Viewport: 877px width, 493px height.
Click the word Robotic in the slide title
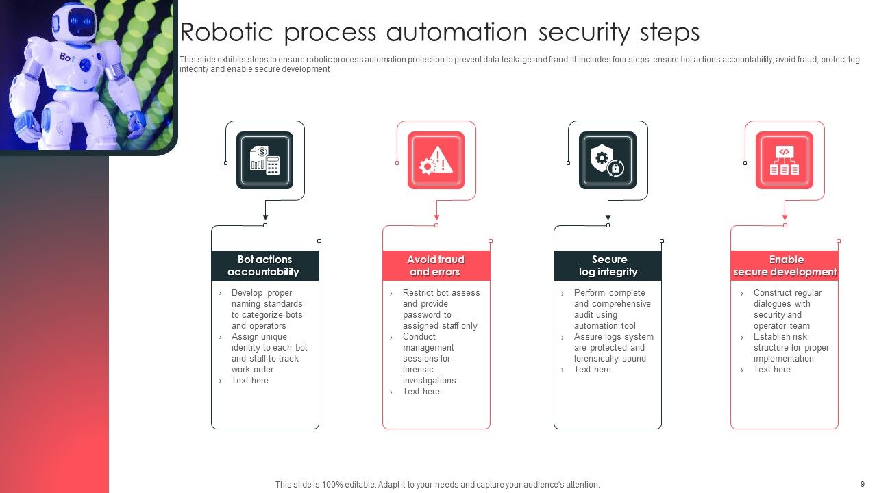(226, 33)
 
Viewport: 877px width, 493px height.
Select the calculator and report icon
(264, 160)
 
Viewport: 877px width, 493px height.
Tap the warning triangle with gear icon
(436, 160)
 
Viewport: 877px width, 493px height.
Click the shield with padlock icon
(607, 160)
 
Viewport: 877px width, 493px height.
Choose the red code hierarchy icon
(784, 160)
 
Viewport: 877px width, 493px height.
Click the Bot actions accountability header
(264, 266)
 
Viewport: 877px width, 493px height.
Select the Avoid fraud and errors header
(436, 266)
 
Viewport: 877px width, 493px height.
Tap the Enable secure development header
(785, 266)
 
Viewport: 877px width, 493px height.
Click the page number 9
(862, 484)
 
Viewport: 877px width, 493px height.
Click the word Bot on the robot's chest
(67, 57)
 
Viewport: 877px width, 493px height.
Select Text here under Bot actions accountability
(249, 381)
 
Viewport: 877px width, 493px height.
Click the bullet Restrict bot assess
(441, 293)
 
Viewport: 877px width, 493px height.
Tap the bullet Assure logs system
(613, 337)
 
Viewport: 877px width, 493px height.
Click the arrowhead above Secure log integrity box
(608, 218)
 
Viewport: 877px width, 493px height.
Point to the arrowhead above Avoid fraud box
(436, 218)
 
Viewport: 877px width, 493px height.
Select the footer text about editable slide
(437, 484)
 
